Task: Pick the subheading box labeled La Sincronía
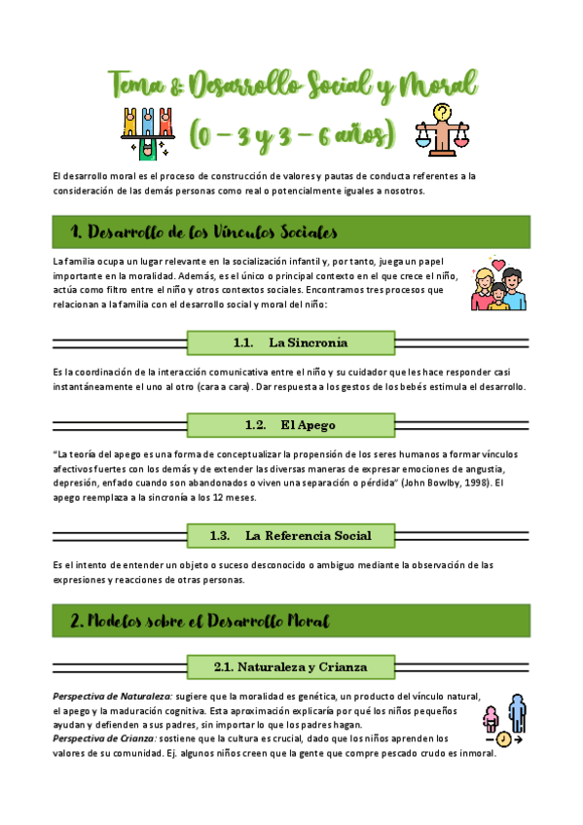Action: [x=290, y=342]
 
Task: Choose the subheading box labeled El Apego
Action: [x=290, y=425]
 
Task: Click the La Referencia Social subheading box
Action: [x=290, y=536]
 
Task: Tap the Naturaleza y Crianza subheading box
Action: [x=290, y=666]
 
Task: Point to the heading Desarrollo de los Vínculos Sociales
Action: [x=204, y=233]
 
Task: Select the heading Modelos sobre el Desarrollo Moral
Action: [x=200, y=620]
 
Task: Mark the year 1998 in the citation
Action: [x=475, y=482]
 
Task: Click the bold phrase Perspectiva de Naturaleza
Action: [x=113, y=697]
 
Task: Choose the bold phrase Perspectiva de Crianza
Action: [x=105, y=738]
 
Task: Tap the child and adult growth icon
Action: [x=503, y=722]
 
